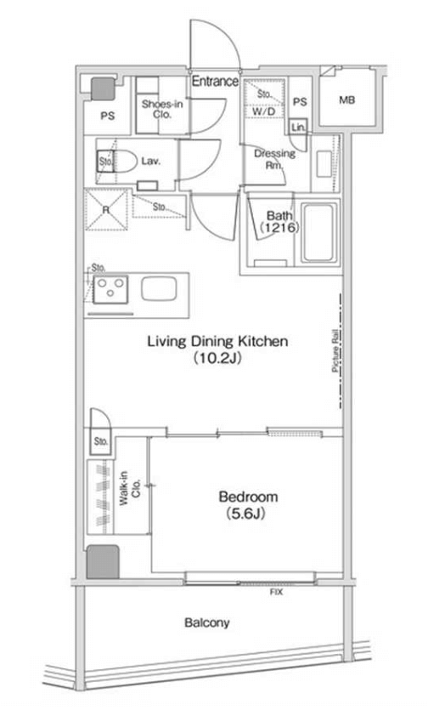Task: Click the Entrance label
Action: tap(215, 82)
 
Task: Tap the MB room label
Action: tap(346, 100)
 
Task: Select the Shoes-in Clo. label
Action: tap(162, 109)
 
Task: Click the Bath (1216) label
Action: tap(279, 221)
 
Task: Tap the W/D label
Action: tap(264, 111)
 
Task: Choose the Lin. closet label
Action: tap(298, 128)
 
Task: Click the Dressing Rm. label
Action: tap(274, 159)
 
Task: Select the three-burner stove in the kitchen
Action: tap(110, 289)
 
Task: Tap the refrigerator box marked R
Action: tap(106, 209)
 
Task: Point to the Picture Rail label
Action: tap(335, 350)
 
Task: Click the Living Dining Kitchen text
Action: tap(217, 341)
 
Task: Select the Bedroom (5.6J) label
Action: tap(248, 505)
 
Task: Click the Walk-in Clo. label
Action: tap(129, 488)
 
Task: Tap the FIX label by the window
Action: tap(276, 592)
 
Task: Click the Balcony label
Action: tap(206, 622)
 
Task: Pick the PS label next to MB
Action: tap(300, 102)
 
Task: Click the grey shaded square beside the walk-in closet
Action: tap(103, 561)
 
